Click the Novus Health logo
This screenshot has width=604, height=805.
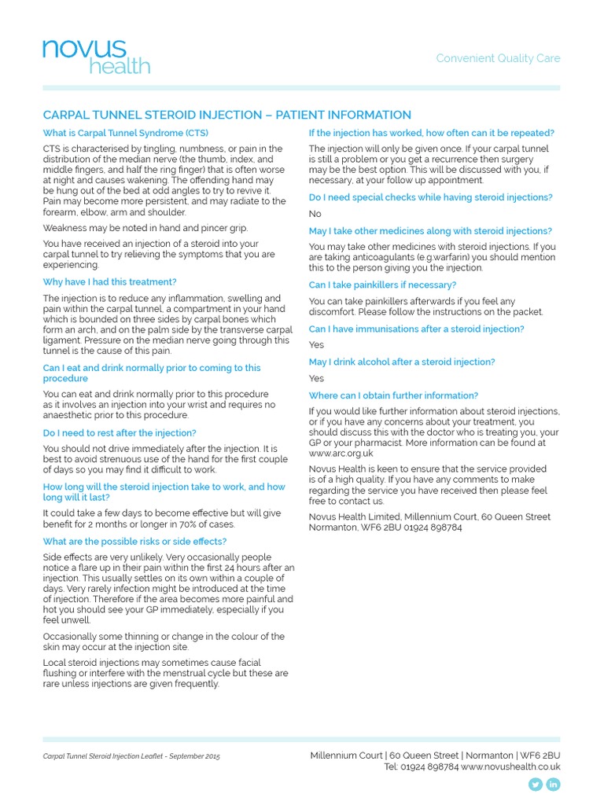96,56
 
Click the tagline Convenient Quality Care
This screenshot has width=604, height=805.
498,59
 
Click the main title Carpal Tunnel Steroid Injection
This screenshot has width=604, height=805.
226,115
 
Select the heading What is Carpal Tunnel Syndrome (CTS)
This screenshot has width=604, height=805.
126,133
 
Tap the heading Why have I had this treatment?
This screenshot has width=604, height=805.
110,281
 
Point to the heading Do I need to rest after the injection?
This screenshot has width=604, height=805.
120,432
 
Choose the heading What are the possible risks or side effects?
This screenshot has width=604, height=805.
134,541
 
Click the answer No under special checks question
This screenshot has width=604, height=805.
315,214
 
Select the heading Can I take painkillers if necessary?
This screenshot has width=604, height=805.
382,285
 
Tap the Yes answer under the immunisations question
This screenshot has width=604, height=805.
316,344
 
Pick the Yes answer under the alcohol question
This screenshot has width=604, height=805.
316,378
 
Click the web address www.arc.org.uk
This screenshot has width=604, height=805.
341,454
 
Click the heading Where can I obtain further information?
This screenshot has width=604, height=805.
393,395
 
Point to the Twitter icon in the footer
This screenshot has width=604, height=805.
536,784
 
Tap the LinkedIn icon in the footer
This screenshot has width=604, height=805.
553,784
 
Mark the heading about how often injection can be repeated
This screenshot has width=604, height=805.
431,133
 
